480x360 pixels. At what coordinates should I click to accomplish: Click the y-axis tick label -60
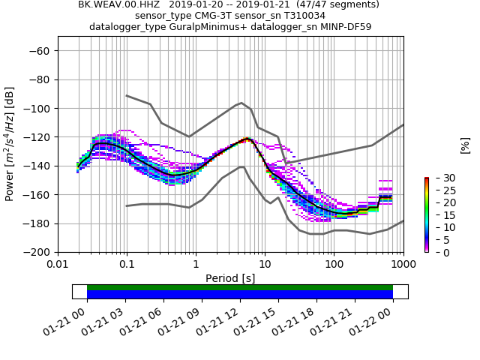click(40, 51)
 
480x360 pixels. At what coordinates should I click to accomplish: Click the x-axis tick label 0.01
click(58, 265)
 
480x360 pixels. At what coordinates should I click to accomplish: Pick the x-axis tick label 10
click(265, 265)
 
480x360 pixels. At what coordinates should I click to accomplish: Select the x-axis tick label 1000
click(403, 265)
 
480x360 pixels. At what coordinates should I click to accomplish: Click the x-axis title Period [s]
click(230, 278)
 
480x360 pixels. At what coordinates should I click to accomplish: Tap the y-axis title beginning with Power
click(10, 144)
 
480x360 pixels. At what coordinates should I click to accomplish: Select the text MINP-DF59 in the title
click(346, 27)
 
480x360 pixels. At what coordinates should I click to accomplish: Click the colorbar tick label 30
click(440, 178)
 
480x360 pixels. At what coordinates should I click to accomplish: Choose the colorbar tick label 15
click(440, 215)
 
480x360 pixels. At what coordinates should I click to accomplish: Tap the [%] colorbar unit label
click(465, 145)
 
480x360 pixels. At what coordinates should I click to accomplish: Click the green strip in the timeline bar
click(240, 287)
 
